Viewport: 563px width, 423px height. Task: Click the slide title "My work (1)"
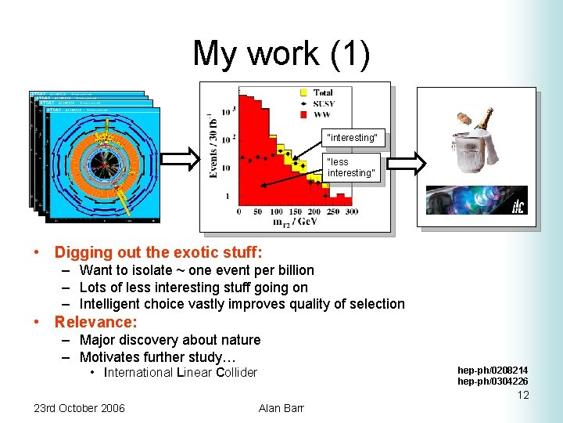pyautogui.click(x=281, y=53)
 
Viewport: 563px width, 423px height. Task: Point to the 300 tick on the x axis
pyautogui.click(x=351, y=211)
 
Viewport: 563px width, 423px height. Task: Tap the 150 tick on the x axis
pyautogui.click(x=295, y=211)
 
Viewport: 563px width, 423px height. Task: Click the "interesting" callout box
pyautogui.click(x=352, y=138)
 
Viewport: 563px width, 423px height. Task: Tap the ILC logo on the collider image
pyautogui.click(x=518, y=206)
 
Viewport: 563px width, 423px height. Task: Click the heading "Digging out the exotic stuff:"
pyautogui.click(x=158, y=252)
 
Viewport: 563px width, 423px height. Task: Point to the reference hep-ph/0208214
pyautogui.click(x=493, y=370)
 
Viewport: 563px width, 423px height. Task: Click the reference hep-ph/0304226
pyautogui.click(x=493, y=381)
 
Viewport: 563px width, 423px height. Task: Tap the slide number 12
pyautogui.click(x=523, y=395)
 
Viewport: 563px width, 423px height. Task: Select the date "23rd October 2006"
pyautogui.click(x=79, y=408)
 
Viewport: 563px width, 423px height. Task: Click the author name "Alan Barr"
pyautogui.click(x=281, y=408)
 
